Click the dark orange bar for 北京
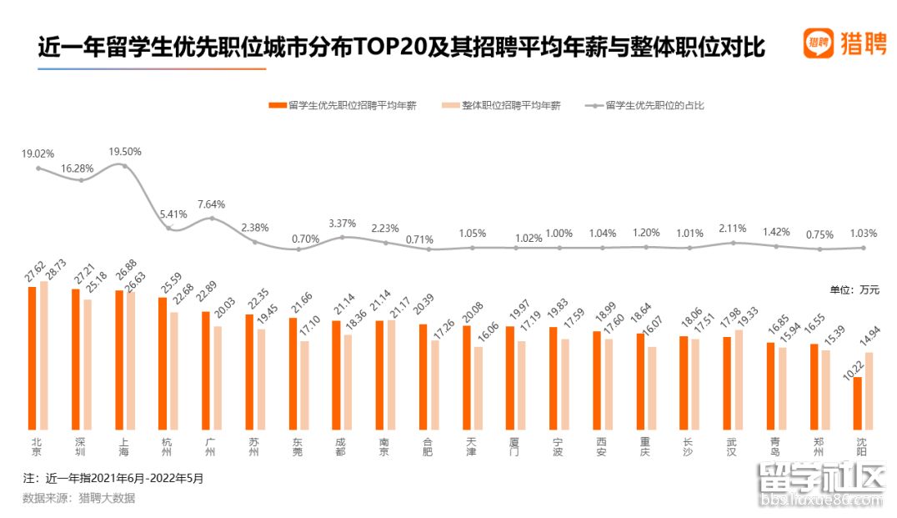(32, 358)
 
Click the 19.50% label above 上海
(125, 152)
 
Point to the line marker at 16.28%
(82, 179)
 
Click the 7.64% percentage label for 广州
(212, 204)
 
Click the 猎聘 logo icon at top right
(819, 43)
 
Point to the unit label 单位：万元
(854, 289)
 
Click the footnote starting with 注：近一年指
(113, 479)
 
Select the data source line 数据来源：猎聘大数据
(78, 498)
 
